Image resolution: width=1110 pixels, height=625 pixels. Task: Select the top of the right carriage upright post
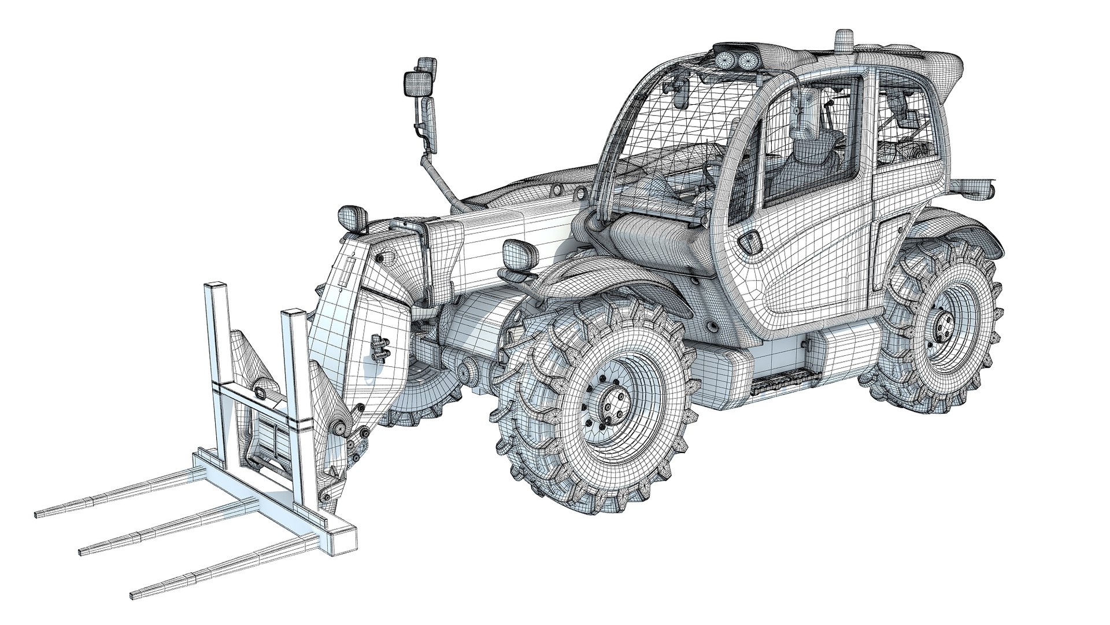tap(293, 316)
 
